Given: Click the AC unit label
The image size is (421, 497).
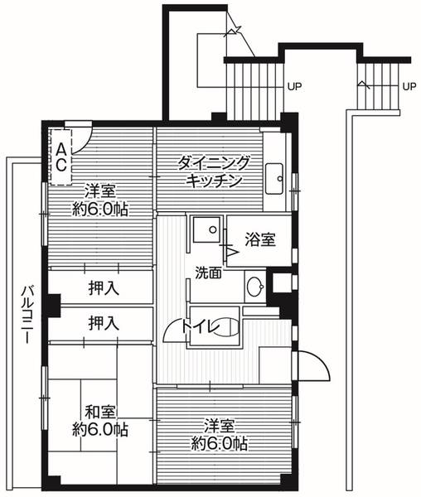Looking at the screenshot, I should pyautogui.click(x=61, y=155).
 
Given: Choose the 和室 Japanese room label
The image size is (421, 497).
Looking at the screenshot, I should pyautogui.click(x=100, y=412).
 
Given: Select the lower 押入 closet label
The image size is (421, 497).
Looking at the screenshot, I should pyautogui.click(x=103, y=322).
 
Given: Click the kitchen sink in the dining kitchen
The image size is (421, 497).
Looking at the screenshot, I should pyautogui.click(x=275, y=176).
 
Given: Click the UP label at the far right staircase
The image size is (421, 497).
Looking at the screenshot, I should pyautogui.click(x=408, y=85).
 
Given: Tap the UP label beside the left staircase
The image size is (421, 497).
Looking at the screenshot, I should pyautogui.click(x=293, y=85).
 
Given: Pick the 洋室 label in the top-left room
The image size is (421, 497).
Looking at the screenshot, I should pyautogui.click(x=100, y=188).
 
